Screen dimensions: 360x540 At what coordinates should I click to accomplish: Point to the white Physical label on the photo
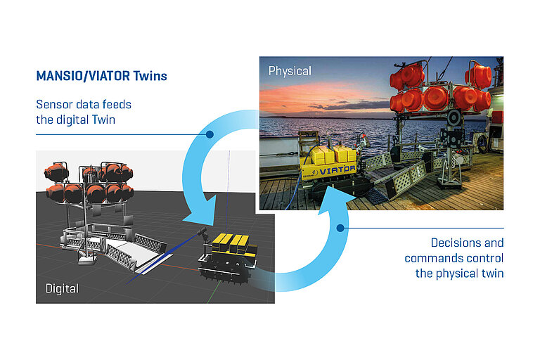point(290,70)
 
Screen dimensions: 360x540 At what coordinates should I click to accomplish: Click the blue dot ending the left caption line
point(209,134)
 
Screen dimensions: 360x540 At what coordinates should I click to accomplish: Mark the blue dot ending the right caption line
point(342,228)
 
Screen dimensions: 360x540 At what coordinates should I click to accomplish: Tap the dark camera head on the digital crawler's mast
point(204,231)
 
